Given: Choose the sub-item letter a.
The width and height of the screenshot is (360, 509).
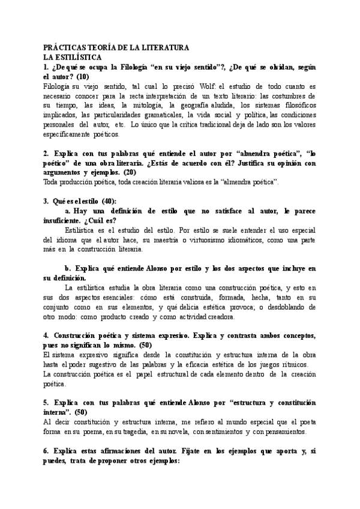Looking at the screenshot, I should point(68,211).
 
